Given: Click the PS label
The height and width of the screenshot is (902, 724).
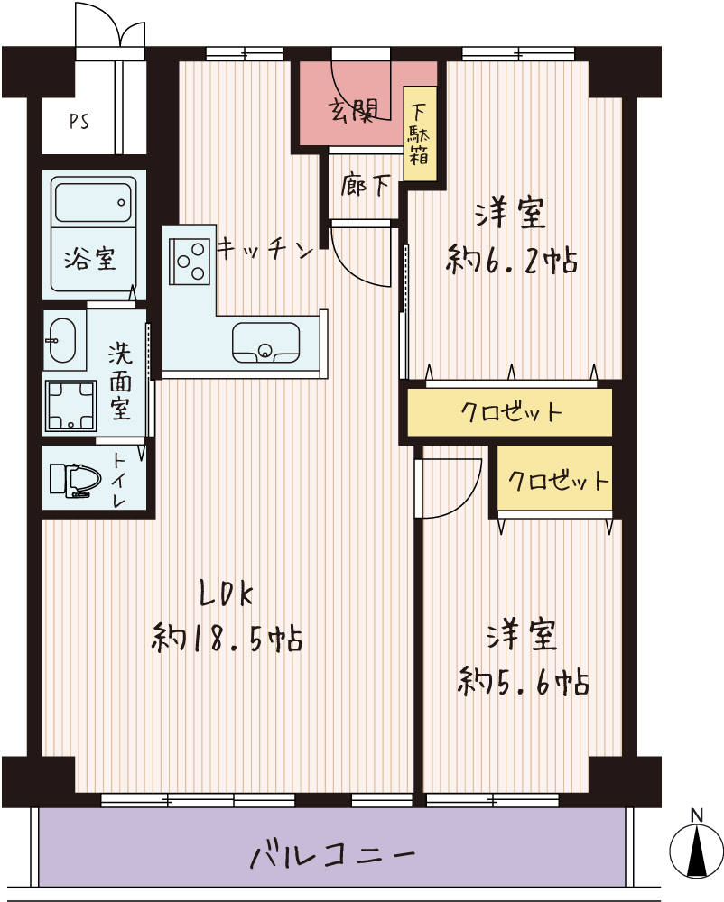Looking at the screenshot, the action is pyautogui.click(x=79, y=122).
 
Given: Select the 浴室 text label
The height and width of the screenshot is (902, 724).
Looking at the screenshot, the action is pyautogui.click(x=89, y=259).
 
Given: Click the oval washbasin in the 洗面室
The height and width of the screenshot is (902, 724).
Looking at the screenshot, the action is pyautogui.click(x=61, y=341).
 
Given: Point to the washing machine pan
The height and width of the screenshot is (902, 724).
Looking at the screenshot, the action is pyautogui.click(x=71, y=405).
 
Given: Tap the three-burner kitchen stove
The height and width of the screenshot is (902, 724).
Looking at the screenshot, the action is pyautogui.click(x=190, y=262).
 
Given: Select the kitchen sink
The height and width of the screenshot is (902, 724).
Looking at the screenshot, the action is pyautogui.click(x=266, y=342).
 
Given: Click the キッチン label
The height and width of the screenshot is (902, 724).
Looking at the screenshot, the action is pyautogui.click(x=265, y=250).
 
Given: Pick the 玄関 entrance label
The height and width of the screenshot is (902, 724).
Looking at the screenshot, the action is pyautogui.click(x=353, y=110).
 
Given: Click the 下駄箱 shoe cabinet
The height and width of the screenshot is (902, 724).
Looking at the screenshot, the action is pyautogui.click(x=420, y=133).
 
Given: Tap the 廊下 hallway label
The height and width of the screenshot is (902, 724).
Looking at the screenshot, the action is pyautogui.click(x=365, y=185).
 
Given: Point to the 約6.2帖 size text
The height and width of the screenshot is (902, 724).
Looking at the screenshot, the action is pyautogui.click(x=512, y=261).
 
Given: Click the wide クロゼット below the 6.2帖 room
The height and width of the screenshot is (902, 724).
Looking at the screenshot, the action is pyautogui.click(x=510, y=412).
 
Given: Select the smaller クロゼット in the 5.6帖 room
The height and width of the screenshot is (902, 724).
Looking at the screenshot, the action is pyautogui.click(x=555, y=478).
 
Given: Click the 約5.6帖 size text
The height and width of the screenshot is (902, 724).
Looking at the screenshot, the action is pyautogui.click(x=524, y=682).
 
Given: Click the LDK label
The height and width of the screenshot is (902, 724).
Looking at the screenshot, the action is pyautogui.click(x=226, y=594).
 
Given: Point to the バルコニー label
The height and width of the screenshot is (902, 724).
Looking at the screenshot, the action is pyautogui.click(x=332, y=854).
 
